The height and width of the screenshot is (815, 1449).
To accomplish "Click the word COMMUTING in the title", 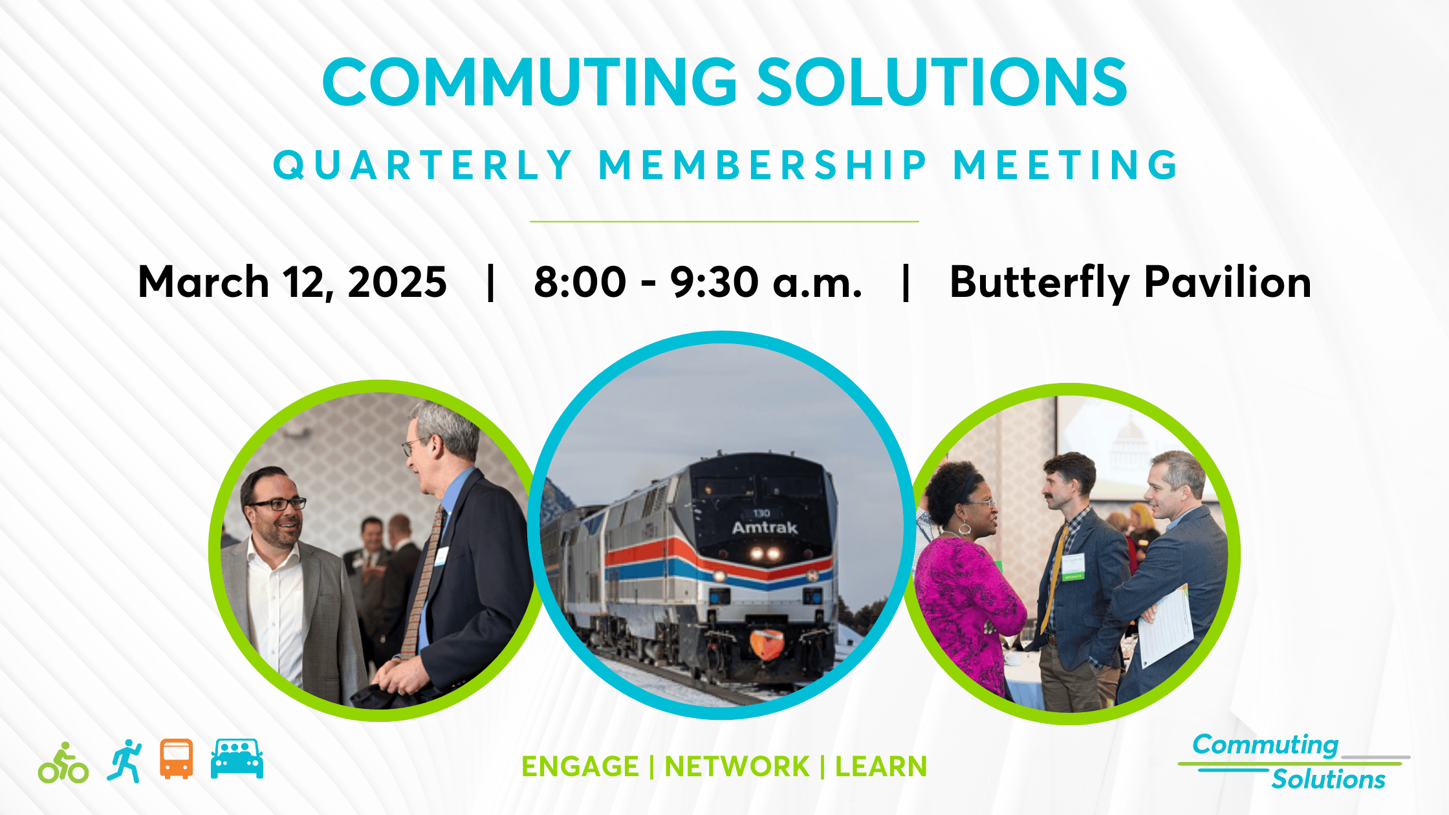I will pyautogui.click(x=529, y=82).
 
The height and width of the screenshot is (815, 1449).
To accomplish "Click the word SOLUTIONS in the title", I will pyautogui.click(x=942, y=82).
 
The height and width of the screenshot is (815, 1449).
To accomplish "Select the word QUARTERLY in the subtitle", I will pyautogui.click(x=423, y=165).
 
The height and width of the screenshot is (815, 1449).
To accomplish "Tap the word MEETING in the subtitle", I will pyautogui.click(x=1066, y=165).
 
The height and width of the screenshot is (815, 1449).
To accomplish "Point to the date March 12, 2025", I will pyautogui.click(x=292, y=283).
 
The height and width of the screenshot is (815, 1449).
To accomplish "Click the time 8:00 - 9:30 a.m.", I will pyautogui.click(x=697, y=283).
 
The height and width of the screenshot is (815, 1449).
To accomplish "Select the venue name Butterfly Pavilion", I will pyautogui.click(x=1129, y=283).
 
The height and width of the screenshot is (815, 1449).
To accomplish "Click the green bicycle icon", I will pyautogui.click(x=63, y=763).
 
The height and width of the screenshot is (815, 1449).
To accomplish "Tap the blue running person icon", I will pyautogui.click(x=125, y=761).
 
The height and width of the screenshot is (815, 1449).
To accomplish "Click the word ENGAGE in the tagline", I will pyautogui.click(x=580, y=767).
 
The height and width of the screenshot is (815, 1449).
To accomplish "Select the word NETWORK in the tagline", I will pyautogui.click(x=737, y=767).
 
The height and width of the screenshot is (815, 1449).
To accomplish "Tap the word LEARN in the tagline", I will pyautogui.click(x=881, y=767).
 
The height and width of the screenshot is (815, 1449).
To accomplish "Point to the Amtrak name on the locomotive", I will pyautogui.click(x=765, y=528).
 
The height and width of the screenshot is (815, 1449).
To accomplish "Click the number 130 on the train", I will pyautogui.click(x=761, y=513).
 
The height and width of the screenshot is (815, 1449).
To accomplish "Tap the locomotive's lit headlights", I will pyautogui.click(x=764, y=554).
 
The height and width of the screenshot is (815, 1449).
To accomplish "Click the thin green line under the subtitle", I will pyautogui.click(x=724, y=221).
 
